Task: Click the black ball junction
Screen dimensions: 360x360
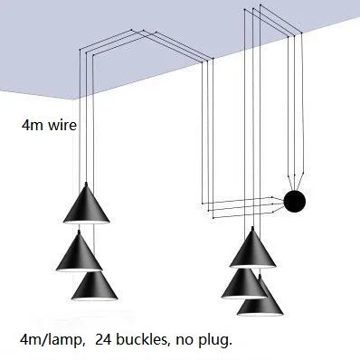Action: point(295,201)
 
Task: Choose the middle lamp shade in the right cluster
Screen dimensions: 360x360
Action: point(242,282)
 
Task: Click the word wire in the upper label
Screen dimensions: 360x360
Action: point(61,126)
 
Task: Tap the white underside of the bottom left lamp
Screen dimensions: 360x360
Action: point(98,299)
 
